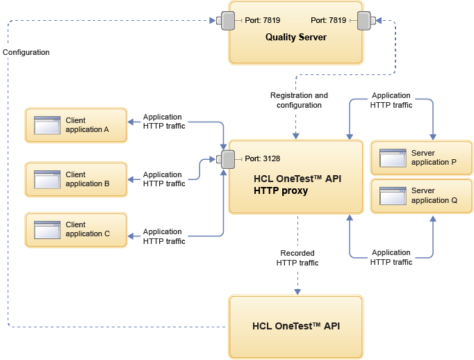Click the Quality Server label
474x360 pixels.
pos(295,37)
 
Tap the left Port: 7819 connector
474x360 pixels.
pos(227,21)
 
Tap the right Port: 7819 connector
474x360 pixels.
pos(365,21)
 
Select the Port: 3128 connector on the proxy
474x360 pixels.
pos(227,159)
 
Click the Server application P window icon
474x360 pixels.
pos(393,158)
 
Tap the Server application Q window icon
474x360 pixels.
pos(393,195)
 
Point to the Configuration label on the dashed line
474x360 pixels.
pos(26,52)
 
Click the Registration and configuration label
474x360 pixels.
pos(299,100)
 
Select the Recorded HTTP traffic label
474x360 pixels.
pos(297,258)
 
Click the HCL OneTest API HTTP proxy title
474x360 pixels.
pos(297,184)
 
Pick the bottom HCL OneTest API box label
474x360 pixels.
pos(295,326)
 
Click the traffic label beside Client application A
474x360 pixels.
pos(164,122)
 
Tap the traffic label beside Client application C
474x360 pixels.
pos(164,236)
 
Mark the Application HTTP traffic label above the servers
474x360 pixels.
pos(391,100)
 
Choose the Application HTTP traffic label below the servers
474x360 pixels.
pos(391,257)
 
